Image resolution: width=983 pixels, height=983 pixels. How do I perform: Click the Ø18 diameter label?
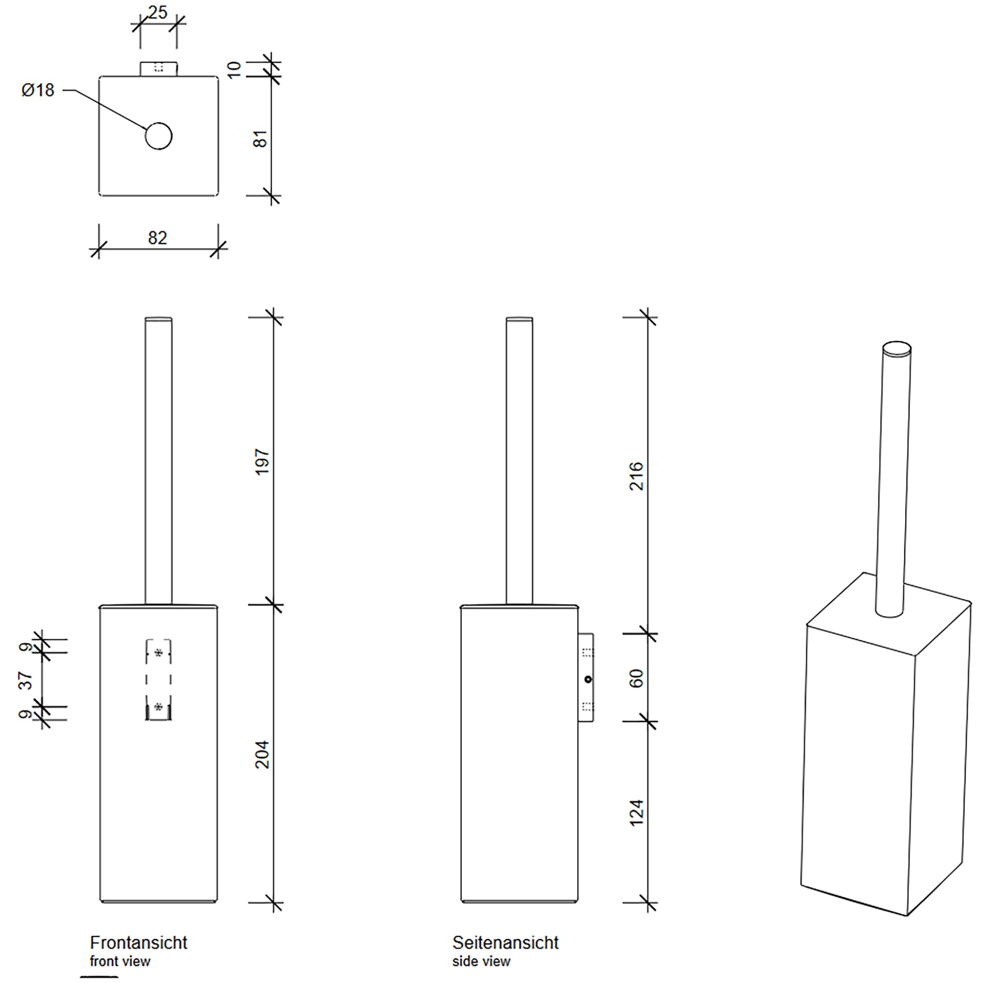coord(38,90)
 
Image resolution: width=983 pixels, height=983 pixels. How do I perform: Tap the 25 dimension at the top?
coord(158,12)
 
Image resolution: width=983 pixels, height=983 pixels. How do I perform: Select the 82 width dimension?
coord(157,237)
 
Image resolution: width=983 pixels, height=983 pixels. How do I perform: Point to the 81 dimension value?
coord(260,139)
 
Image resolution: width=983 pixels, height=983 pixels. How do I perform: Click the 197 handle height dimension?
coord(261,462)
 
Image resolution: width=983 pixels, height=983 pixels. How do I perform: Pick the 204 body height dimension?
coord(261,754)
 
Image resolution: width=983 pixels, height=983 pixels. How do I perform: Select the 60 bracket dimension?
coord(636,678)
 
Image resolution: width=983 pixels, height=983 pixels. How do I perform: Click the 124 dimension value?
coord(636,812)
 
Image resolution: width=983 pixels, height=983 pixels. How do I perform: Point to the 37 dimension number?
coord(26,680)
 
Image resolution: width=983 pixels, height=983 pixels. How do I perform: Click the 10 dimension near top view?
coord(233,70)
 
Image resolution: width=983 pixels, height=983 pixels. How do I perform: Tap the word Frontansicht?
coord(139,942)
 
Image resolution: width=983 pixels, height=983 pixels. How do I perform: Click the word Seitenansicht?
coord(505,942)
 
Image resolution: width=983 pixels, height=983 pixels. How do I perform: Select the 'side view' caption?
coord(481,961)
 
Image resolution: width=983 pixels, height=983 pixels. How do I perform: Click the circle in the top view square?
coord(158,136)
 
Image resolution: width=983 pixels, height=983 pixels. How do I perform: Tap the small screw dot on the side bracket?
coord(588,679)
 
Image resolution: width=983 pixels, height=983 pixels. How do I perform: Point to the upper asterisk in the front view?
coord(158,653)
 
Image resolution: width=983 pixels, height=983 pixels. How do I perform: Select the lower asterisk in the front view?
coord(158,706)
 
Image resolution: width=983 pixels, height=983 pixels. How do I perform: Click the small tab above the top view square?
coord(158,68)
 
